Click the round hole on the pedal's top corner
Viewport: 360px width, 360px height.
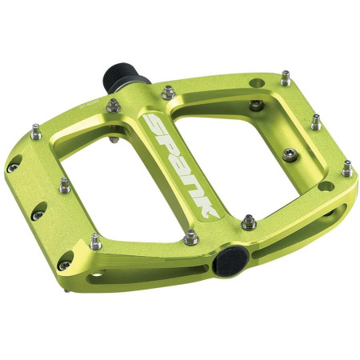[x=256, y=82]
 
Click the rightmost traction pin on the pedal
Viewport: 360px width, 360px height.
[x=346, y=168]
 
